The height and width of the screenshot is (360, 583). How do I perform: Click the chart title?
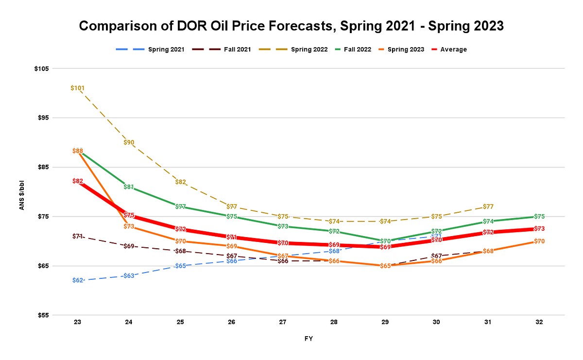coord(291,26)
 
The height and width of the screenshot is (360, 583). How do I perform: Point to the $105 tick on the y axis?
coord(41,69)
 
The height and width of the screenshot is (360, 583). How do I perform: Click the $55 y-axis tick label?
coord(41,315)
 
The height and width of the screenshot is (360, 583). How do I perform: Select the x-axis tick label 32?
coord(539,322)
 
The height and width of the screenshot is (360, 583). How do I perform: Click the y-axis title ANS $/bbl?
coord(22,192)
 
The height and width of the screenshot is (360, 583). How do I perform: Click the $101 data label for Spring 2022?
coord(78,88)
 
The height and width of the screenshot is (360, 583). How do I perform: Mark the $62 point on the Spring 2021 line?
coord(78,280)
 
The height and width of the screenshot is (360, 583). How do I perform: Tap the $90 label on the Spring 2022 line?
coord(129,142)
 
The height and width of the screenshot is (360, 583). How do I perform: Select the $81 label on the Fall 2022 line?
coord(129,187)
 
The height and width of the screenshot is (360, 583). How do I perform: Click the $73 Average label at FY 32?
coord(539,229)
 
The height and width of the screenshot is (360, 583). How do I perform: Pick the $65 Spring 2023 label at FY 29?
coord(385,266)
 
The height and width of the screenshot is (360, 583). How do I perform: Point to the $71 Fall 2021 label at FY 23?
coord(78,236)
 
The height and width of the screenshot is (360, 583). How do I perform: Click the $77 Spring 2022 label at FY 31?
coord(488,206)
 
